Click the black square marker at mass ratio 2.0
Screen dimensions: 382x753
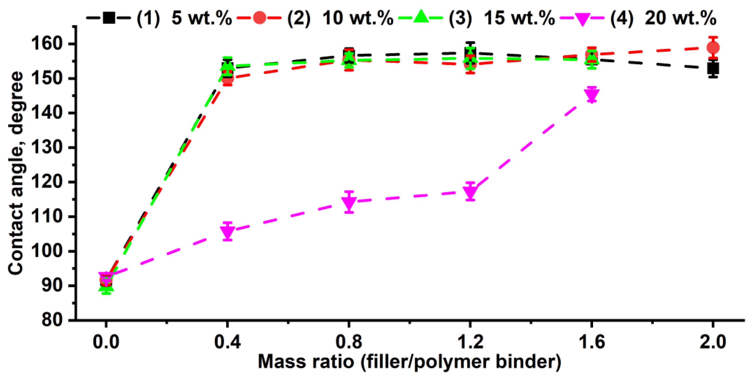pos(713,69)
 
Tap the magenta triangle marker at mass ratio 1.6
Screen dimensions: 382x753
pos(592,95)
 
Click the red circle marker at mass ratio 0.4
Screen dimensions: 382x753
pos(228,79)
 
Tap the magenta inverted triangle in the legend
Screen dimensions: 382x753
pos(582,19)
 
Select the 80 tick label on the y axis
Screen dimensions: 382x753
pos(53,320)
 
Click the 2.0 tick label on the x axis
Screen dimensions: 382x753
pos(713,342)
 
